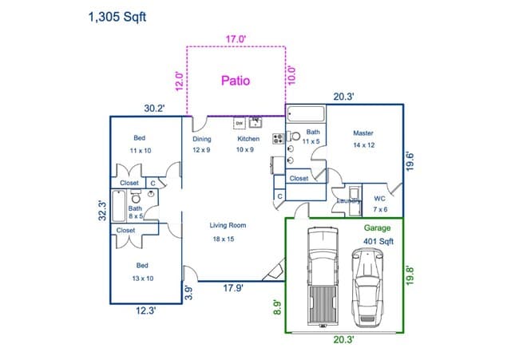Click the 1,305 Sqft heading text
point(117,15)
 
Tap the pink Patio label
point(236,81)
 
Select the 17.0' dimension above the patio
point(236,38)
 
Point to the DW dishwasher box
point(239,123)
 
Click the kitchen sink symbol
point(256,122)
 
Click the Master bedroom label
point(363,133)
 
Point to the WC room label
point(380,198)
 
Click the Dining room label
point(202,139)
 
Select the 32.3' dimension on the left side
point(102,213)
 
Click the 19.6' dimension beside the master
point(410,161)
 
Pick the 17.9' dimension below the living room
point(232,288)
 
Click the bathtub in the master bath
point(306,113)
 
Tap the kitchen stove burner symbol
point(279,138)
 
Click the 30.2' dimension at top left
point(154,109)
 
